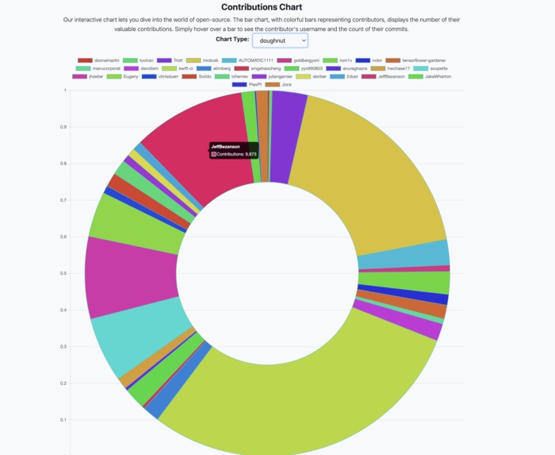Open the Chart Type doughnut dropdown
click(280, 40)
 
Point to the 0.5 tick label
click(63, 273)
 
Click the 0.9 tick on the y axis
click(63, 127)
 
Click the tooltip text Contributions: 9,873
click(236, 154)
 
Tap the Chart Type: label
click(232, 39)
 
